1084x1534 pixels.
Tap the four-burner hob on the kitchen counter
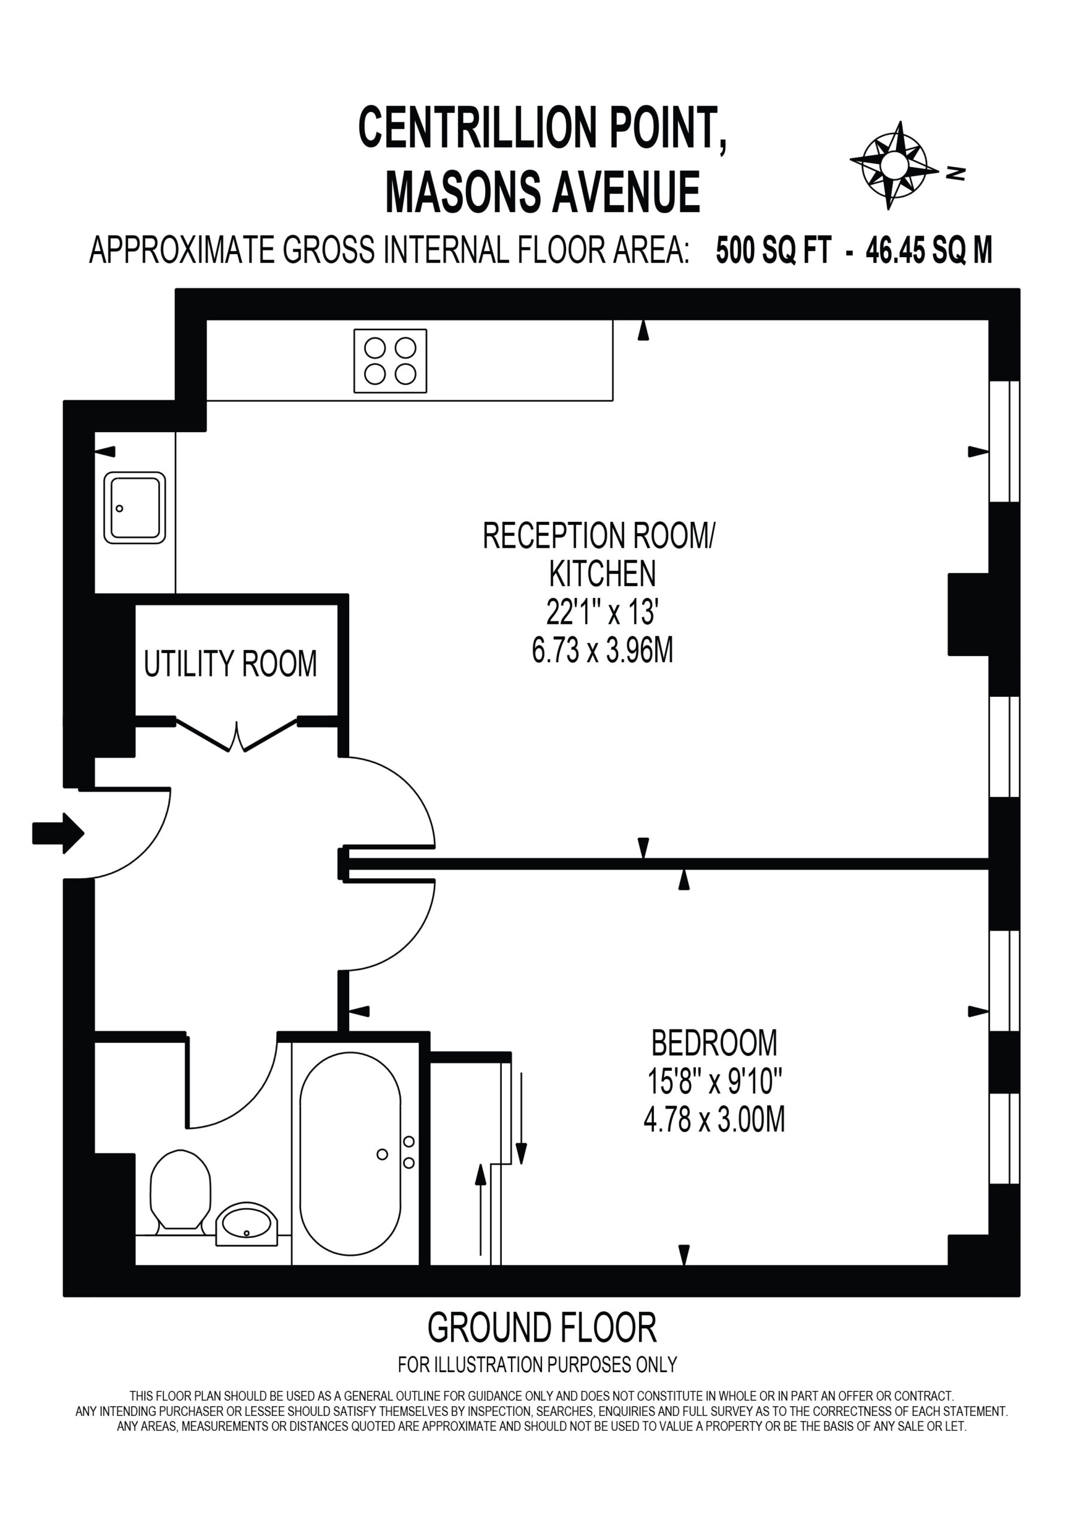[x=390, y=361]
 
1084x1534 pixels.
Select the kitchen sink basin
[x=134, y=508]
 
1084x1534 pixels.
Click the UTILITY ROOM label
[x=231, y=663]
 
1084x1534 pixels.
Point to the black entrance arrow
[x=58, y=833]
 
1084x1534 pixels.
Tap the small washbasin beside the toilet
[x=247, y=1224]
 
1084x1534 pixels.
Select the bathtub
[x=350, y=1154]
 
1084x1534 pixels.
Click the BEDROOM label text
[x=714, y=1043]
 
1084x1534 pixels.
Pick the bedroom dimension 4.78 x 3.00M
[x=714, y=1120]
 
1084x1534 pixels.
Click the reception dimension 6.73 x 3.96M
[x=602, y=650]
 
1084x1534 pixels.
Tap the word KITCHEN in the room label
[x=602, y=573]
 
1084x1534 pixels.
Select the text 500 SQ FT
[x=773, y=250]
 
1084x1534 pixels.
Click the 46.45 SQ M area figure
[x=929, y=250]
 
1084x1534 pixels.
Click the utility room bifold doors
[x=237, y=735]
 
